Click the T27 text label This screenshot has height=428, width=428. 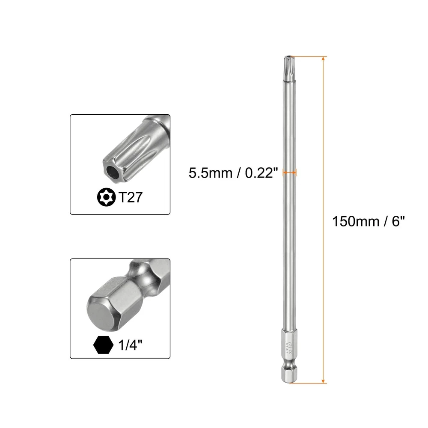pyautogui.click(x=130, y=197)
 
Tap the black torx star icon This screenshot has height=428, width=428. pyautogui.click(x=107, y=197)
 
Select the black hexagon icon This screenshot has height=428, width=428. pyautogui.click(x=103, y=345)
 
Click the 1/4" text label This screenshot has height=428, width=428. pyautogui.click(x=130, y=345)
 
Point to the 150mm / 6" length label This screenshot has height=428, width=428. pyautogui.click(x=368, y=221)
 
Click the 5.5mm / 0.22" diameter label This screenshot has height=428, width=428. pyautogui.click(x=233, y=173)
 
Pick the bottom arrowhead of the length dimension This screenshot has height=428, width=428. pyautogui.click(x=324, y=380)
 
